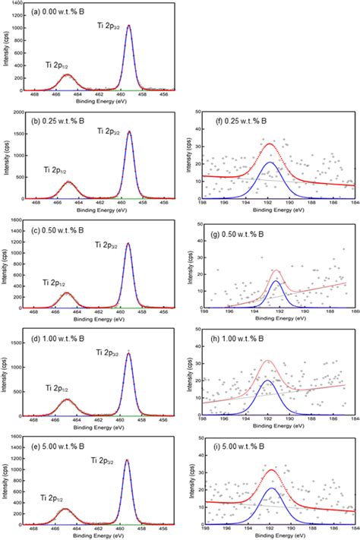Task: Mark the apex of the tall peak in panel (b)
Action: [128, 131]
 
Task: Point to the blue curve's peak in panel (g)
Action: [276, 281]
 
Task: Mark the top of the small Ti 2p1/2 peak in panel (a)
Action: [67, 74]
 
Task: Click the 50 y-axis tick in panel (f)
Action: [198, 112]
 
